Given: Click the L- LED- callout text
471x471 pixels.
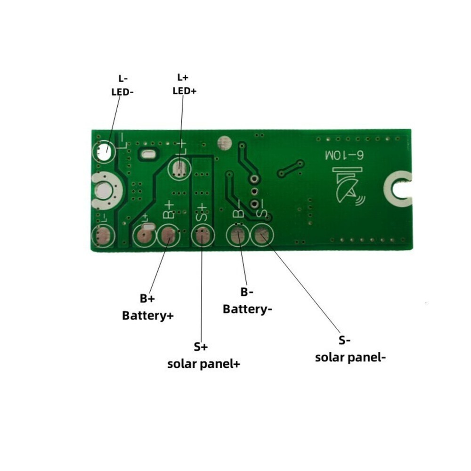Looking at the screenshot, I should coord(122,85).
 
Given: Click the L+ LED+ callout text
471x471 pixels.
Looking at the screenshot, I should coord(184,84).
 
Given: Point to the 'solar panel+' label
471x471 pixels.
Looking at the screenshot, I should coord(201,356).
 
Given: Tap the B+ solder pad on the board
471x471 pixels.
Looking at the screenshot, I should coord(168,235).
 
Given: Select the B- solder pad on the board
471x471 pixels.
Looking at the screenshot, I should coord(238,235).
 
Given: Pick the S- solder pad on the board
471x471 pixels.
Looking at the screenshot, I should coord(262,235).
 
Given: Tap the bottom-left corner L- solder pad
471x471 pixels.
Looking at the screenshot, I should coord(102,236).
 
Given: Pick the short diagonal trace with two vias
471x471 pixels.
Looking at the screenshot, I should coord(290,168).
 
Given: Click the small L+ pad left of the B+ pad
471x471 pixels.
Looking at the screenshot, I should coord(145,235).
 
